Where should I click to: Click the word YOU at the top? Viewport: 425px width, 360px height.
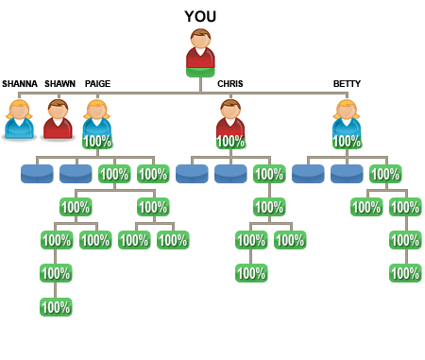click(200, 16)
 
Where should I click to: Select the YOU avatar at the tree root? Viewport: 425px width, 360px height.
click(200, 51)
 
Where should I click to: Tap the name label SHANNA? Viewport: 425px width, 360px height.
click(20, 84)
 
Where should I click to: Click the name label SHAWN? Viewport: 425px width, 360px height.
click(59, 84)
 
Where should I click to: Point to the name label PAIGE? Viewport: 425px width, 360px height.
click(97, 84)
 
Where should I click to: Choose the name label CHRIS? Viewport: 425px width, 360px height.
click(230, 84)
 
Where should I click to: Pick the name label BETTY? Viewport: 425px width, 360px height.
click(347, 84)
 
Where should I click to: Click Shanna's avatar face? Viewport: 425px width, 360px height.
click(20, 111)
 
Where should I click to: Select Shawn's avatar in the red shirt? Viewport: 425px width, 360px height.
click(58, 120)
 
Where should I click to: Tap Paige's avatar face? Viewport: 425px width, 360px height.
click(96, 111)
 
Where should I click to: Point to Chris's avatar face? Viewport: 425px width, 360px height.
click(230, 111)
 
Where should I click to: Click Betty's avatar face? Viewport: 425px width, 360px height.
click(347, 111)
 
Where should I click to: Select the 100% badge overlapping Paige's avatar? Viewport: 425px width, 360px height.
click(97, 142)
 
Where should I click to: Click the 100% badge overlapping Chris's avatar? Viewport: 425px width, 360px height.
click(231, 142)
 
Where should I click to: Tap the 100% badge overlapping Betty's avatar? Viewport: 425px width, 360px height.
click(348, 142)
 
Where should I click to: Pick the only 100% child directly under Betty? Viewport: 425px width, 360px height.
click(385, 174)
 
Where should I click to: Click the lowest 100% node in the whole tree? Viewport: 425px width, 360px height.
click(56, 307)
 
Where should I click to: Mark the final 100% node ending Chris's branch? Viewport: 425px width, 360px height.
click(251, 273)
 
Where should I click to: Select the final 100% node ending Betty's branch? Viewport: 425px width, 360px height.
click(405, 273)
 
